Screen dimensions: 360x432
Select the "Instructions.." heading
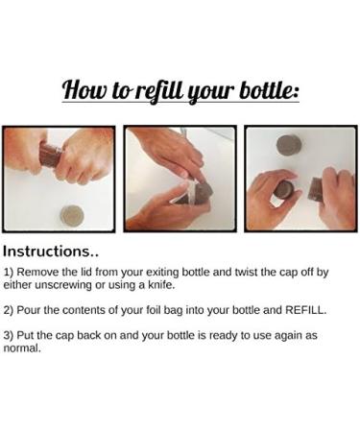(x=51, y=252)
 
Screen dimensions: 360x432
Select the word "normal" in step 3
(x=21, y=348)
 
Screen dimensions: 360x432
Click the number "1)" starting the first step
(x=9, y=273)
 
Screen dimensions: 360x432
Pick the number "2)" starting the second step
(x=9, y=310)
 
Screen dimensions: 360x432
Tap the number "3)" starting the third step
(x=9, y=336)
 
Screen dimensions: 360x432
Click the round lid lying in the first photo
(x=72, y=215)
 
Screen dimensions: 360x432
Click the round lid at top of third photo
(x=289, y=145)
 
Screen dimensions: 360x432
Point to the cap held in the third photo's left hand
(x=284, y=190)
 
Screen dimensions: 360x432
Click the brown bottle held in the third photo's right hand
(x=318, y=189)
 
